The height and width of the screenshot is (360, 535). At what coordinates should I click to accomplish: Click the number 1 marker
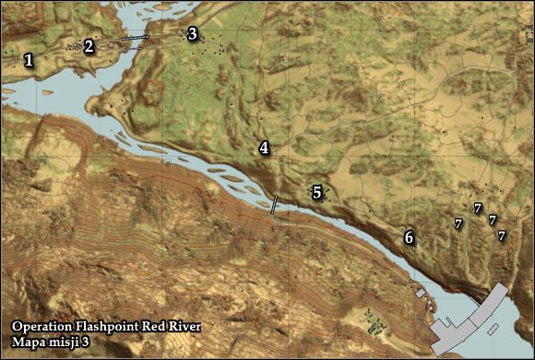(29, 61)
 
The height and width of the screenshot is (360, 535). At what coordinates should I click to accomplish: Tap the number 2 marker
(89, 45)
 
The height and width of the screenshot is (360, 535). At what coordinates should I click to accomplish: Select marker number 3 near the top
(192, 34)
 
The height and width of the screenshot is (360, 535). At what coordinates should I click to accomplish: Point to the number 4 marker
(264, 148)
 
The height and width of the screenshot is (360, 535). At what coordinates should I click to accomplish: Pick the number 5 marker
(316, 193)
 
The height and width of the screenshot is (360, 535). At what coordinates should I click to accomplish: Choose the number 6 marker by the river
(409, 238)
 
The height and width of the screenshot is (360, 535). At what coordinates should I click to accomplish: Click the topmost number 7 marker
(477, 209)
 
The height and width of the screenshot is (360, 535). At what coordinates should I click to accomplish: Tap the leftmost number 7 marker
(458, 223)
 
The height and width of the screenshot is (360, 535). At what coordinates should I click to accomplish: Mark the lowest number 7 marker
(502, 236)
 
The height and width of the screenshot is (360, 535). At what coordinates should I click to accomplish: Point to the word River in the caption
(181, 327)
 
